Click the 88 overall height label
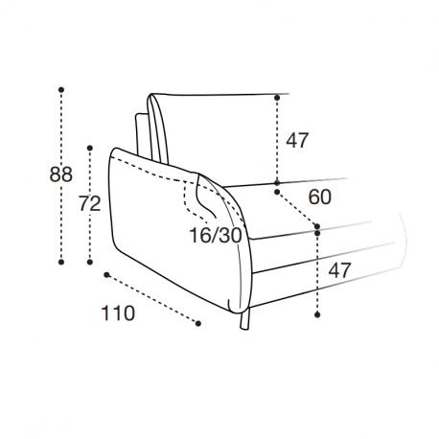60,174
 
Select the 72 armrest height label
90,204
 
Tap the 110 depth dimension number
118,313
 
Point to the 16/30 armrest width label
216,236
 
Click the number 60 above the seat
320,196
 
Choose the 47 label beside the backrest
297,140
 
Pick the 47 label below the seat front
340,270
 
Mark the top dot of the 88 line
61,90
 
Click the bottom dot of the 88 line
61,262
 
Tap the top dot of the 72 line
90,148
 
